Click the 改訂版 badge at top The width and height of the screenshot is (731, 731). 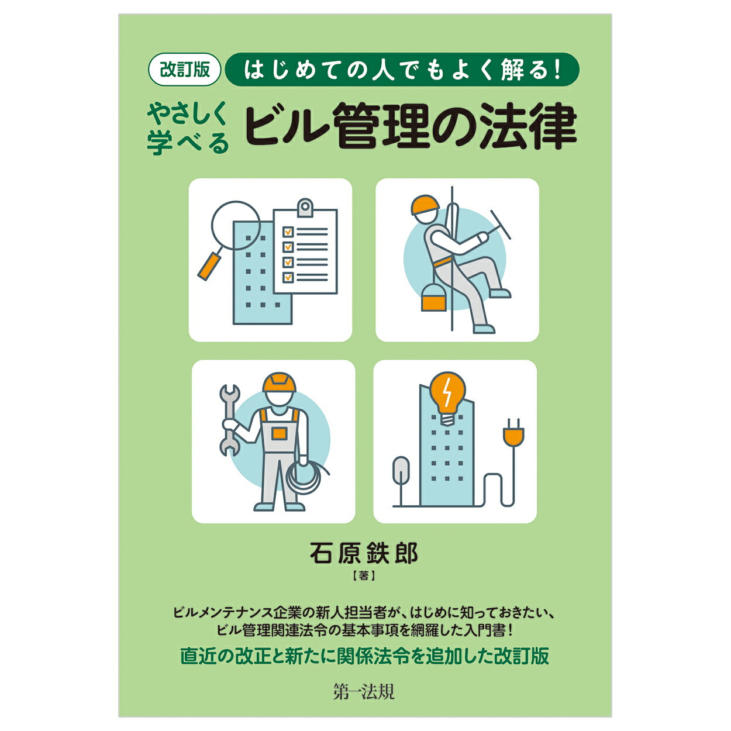184,70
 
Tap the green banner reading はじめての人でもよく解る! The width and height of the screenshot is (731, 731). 402,70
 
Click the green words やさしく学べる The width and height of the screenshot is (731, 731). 188,129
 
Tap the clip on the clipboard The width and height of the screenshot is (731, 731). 305,208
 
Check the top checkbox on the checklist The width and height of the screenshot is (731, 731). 288,232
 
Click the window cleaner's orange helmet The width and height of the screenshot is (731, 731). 425,206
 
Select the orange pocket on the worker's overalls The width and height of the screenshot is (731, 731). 280,433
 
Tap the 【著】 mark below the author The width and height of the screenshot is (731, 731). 364,576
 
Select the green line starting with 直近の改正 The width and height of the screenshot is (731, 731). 364,656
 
